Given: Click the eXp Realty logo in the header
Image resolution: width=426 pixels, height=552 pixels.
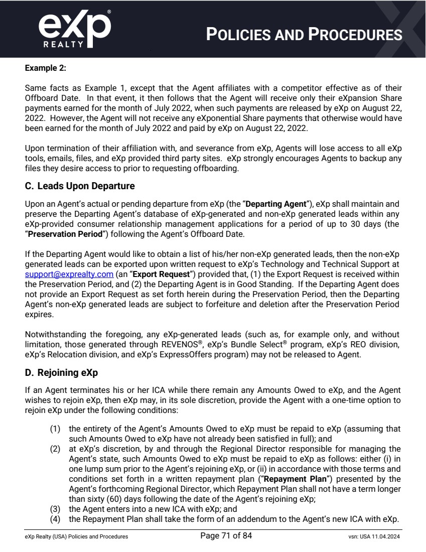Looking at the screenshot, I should pos(74,29).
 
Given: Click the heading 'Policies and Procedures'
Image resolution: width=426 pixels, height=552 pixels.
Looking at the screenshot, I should pos(304,34).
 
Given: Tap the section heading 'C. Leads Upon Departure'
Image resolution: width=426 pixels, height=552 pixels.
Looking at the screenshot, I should pos(80,186).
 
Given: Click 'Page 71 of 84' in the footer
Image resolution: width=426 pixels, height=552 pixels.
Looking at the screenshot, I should pos(226,536).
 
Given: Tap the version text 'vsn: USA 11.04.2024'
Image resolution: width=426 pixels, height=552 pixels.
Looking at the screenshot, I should pos(370,537).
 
